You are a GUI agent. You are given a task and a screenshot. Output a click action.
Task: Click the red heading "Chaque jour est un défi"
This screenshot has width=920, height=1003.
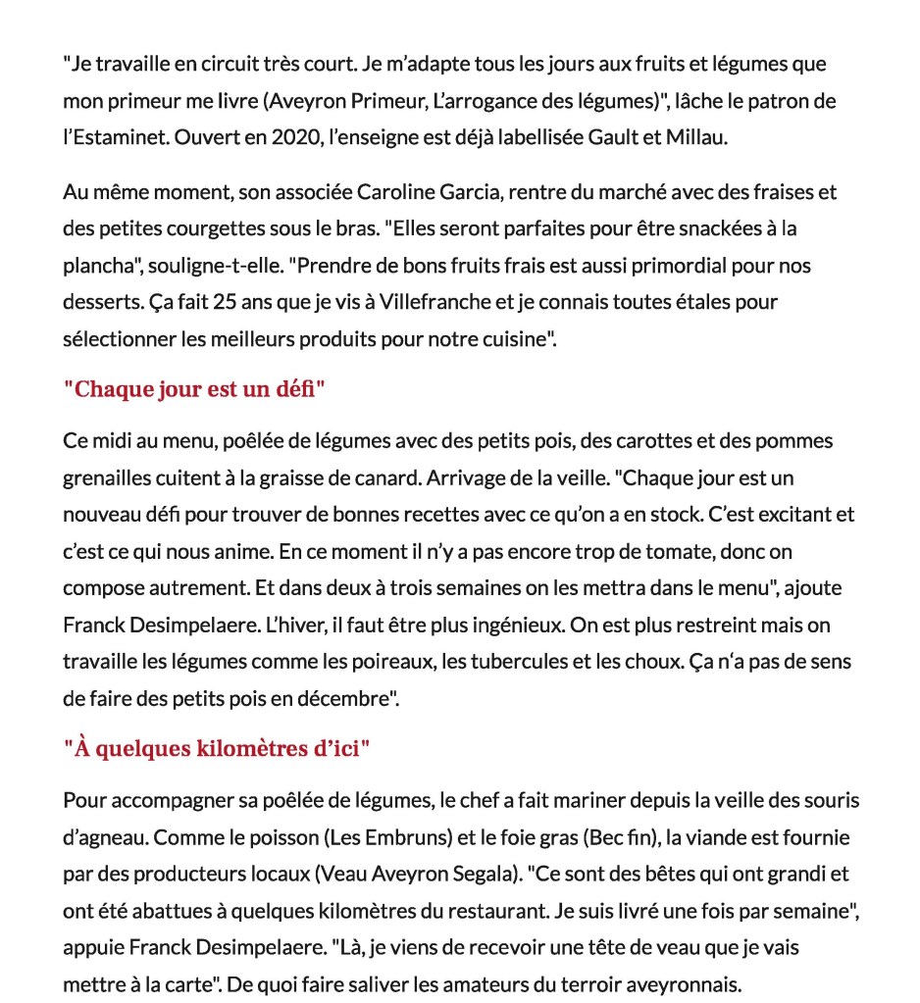(193, 388)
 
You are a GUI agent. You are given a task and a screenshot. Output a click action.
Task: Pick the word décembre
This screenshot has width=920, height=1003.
(343, 698)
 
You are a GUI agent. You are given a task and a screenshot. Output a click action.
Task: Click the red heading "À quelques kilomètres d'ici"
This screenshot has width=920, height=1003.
(216, 748)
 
